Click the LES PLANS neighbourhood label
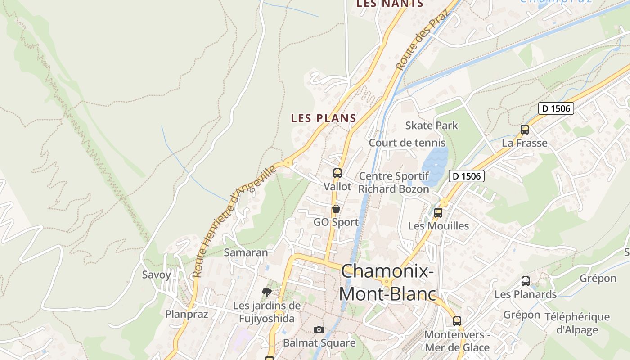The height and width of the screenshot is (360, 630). pos(324,118)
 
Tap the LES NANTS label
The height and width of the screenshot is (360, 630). pos(390,4)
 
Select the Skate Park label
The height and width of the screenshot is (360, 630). pos(432,126)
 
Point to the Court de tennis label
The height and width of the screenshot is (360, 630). pos(407,143)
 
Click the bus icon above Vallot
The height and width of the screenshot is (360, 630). pos(337,173)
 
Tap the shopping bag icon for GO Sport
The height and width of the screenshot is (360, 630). pos(336,209)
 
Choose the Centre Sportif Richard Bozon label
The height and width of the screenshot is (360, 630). pos(394,182)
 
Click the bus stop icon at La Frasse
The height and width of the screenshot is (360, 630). pos(525,130)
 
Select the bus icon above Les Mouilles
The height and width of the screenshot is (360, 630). pos(438,213)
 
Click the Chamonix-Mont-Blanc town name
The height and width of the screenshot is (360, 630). pos(387,283)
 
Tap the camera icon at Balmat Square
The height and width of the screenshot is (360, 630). pos(319,330)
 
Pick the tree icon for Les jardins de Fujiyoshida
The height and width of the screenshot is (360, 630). pos(267,292)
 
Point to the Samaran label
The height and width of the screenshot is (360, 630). pos(246,252)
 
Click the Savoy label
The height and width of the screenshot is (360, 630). pos(157,274)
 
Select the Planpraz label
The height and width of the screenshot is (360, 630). pos(187,314)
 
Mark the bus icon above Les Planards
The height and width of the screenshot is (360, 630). pos(526,281)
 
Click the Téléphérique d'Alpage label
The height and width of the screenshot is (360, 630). pos(577,323)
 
